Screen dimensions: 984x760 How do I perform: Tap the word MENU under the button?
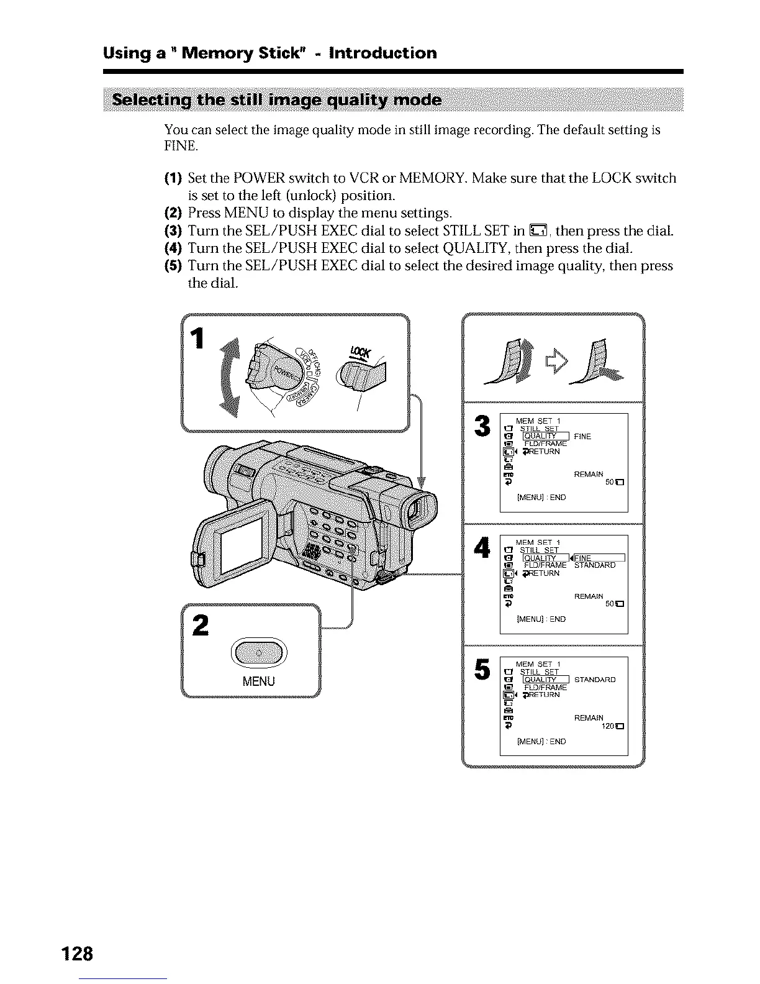point(258,681)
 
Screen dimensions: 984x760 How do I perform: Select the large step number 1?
point(198,339)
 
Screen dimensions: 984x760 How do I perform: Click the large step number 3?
point(482,427)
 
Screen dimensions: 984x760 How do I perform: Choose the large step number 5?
point(482,668)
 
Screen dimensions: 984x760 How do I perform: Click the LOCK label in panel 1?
point(360,352)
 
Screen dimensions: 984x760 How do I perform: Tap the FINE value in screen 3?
point(582,437)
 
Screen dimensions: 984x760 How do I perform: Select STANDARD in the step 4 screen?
point(595,565)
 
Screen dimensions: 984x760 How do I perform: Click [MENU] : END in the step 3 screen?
point(541,498)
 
